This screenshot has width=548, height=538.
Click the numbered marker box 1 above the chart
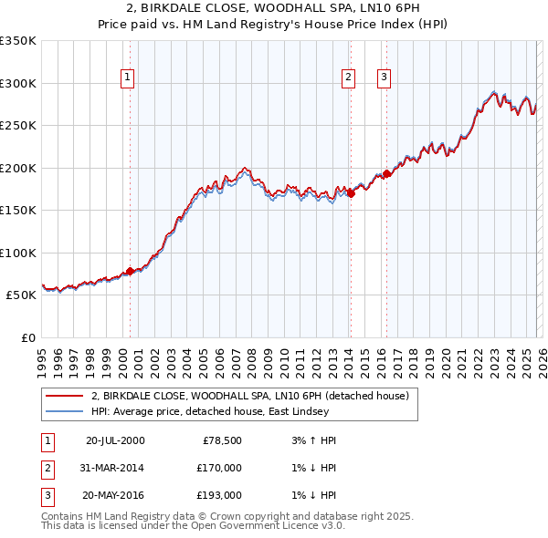point(127,78)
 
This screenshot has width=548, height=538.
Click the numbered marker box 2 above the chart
point(349,78)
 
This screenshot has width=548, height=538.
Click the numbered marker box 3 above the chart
point(384,78)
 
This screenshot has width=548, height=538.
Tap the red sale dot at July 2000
point(130,271)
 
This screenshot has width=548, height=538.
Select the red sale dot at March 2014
point(351,192)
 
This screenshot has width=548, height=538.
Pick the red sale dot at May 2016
point(386,173)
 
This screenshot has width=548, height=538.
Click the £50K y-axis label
point(20,295)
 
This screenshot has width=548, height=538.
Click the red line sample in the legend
point(64,396)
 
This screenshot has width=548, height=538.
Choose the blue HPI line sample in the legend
point(64,411)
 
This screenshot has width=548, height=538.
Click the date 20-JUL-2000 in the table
point(114,440)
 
